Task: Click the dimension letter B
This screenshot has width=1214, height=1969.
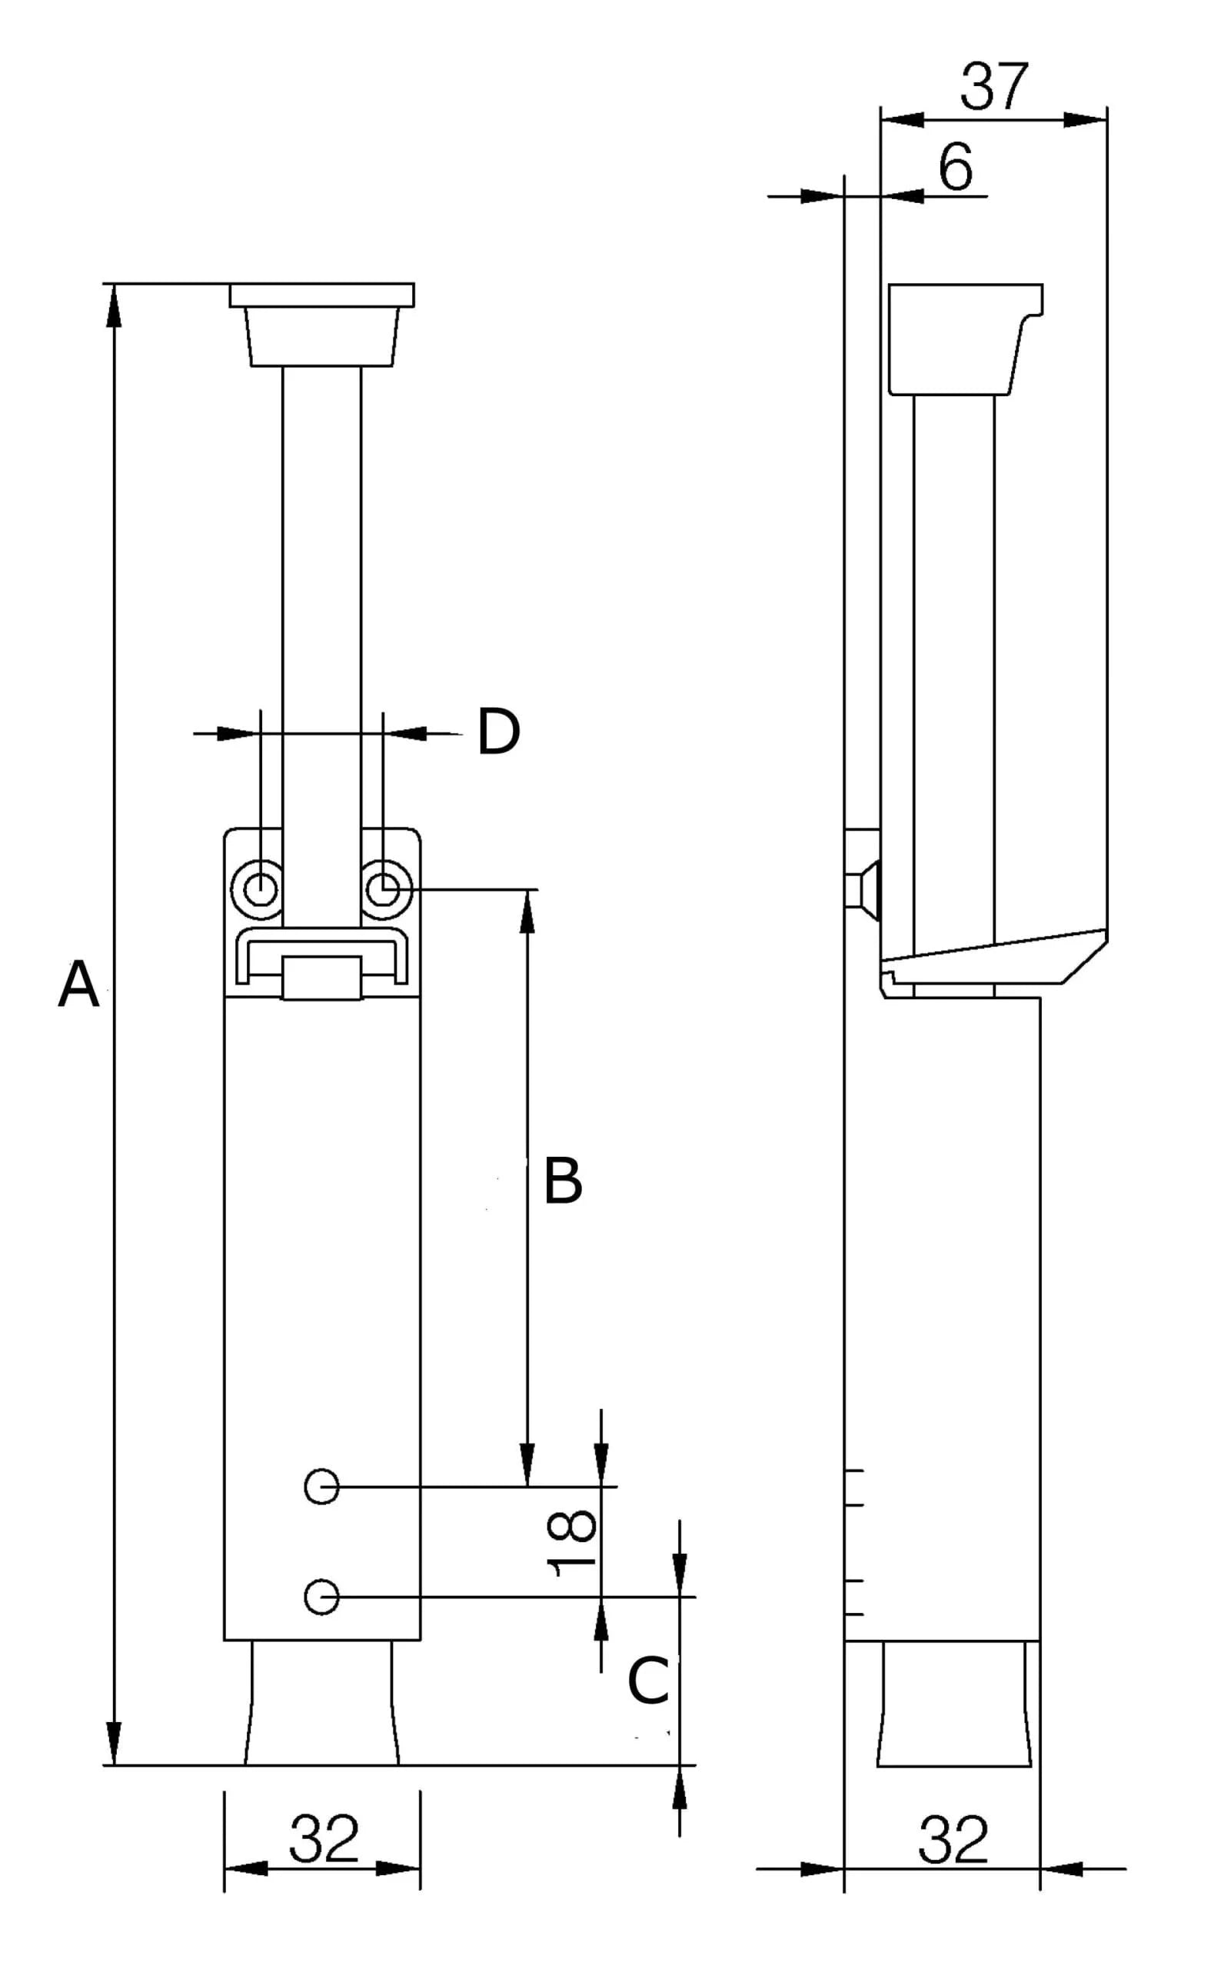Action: pyautogui.click(x=562, y=1181)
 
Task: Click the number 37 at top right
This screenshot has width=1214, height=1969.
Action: pyautogui.click(x=993, y=87)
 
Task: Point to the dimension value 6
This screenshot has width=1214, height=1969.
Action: pyautogui.click(x=956, y=167)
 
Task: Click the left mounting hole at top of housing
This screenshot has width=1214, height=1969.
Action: pyautogui.click(x=259, y=890)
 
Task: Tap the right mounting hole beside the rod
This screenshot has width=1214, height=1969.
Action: pyautogui.click(x=384, y=890)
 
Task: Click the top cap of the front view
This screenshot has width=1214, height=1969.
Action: pyautogui.click(x=321, y=295)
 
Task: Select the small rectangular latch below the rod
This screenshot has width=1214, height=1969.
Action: pyautogui.click(x=321, y=978)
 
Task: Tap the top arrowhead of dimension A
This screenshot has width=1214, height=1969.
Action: pyautogui.click(x=115, y=305)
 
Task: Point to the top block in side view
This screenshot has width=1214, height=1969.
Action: pyautogui.click(x=960, y=339)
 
